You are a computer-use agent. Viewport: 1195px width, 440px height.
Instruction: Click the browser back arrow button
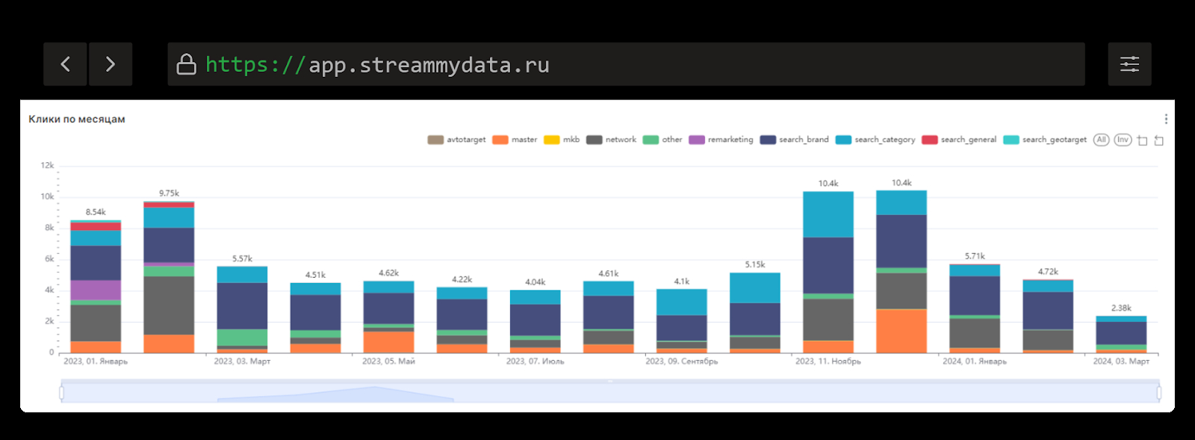tap(65, 64)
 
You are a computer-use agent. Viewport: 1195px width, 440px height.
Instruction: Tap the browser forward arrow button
tap(111, 64)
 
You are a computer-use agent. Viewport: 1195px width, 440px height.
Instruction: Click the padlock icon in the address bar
tap(186, 65)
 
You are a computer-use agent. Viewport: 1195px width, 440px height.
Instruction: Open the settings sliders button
tap(1129, 64)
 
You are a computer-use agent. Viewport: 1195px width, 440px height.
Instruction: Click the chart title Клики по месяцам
tap(77, 120)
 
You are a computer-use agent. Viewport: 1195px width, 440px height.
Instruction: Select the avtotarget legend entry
tap(457, 140)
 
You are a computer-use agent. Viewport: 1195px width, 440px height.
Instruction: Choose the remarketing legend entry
tap(721, 140)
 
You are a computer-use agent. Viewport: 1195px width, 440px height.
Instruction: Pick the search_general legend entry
tap(960, 140)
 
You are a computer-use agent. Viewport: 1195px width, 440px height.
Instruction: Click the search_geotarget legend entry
tap(1046, 140)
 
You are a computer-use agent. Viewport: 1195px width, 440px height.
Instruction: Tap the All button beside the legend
tap(1101, 140)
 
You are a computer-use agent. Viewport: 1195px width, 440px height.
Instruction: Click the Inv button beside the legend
tap(1123, 140)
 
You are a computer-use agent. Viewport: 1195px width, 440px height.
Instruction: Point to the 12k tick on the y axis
tap(47, 166)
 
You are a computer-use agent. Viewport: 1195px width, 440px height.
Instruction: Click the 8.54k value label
tap(96, 212)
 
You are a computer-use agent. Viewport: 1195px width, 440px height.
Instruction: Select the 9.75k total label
tap(169, 193)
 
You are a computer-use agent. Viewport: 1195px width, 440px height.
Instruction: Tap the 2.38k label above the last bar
tap(1121, 308)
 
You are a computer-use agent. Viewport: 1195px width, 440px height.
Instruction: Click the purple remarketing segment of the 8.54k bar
tap(96, 290)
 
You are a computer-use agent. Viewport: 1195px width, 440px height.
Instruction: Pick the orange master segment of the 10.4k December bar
tap(901, 331)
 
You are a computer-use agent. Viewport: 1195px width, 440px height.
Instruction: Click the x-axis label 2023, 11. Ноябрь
tap(828, 362)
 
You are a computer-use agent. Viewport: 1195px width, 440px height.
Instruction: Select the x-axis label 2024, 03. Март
tap(1121, 362)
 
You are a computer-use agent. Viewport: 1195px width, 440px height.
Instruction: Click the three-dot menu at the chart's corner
tap(1166, 120)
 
